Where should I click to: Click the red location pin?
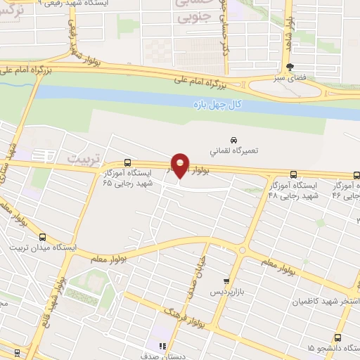(181, 165)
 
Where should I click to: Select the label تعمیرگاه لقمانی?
(235, 150)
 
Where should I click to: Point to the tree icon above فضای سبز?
(290, 68)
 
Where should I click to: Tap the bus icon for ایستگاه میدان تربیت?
(43, 237)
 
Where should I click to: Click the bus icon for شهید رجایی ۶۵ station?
(127, 161)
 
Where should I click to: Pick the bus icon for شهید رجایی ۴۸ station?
(293, 175)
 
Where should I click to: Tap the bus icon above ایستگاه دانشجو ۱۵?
(338, 337)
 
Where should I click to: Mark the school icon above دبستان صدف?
(162, 345)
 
